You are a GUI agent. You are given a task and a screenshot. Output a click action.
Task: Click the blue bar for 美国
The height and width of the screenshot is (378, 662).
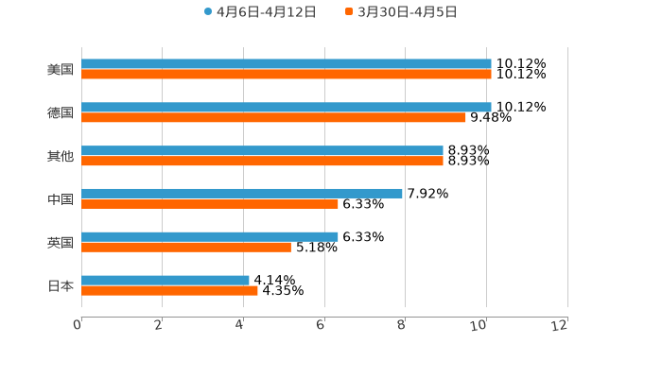[x=287, y=64]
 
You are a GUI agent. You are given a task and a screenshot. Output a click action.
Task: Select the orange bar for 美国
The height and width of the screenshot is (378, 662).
[x=287, y=75]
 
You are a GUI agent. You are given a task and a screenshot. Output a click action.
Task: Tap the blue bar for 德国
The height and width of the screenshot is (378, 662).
[x=287, y=108]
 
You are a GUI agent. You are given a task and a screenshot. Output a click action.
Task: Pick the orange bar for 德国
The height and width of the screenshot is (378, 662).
[x=274, y=118]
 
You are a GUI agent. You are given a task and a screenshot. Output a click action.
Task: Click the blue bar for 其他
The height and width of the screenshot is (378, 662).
[x=262, y=151]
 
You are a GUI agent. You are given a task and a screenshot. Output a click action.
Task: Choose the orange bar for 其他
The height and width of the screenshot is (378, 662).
[x=262, y=162]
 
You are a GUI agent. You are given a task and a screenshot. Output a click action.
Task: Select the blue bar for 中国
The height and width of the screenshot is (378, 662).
[x=242, y=194]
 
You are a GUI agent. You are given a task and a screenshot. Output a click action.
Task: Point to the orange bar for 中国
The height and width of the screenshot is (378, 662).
[x=210, y=204]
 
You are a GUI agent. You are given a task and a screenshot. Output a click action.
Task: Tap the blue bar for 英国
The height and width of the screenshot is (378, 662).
[x=210, y=237]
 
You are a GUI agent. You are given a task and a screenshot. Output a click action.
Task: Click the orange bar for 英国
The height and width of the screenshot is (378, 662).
[x=186, y=248]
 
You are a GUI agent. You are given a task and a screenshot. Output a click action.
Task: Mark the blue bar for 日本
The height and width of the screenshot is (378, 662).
[x=165, y=281]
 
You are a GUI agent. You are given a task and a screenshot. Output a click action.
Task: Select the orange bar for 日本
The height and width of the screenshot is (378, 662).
[x=169, y=291]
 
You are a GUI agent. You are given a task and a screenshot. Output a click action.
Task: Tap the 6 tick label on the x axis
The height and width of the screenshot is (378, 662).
[x=322, y=325]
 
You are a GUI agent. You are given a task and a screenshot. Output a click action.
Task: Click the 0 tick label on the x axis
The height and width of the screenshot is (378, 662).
[x=78, y=325]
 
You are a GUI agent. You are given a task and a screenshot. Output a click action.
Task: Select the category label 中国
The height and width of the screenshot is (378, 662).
[x=61, y=199]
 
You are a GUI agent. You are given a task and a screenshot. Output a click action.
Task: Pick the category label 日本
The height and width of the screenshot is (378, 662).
[x=61, y=285]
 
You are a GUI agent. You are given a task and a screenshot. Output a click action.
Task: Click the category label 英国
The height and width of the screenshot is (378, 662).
[x=61, y=243]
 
